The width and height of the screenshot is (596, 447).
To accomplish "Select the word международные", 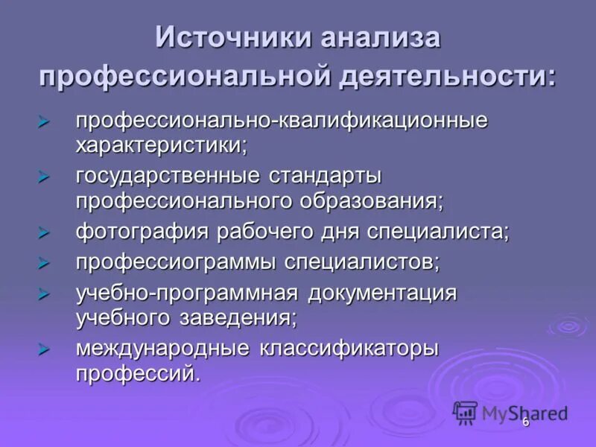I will pyautogui.click(x=160, y=349).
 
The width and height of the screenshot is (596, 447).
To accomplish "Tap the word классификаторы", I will pyautogui.click(x=349, y=349).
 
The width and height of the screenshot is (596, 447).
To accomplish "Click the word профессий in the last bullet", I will pyautogui.click(x=138, y=372).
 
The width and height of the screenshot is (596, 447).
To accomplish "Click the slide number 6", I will pyautogui.click(x=525, y=422).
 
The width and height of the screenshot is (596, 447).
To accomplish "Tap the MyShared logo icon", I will pyautogui.click(x=466, y=412).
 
